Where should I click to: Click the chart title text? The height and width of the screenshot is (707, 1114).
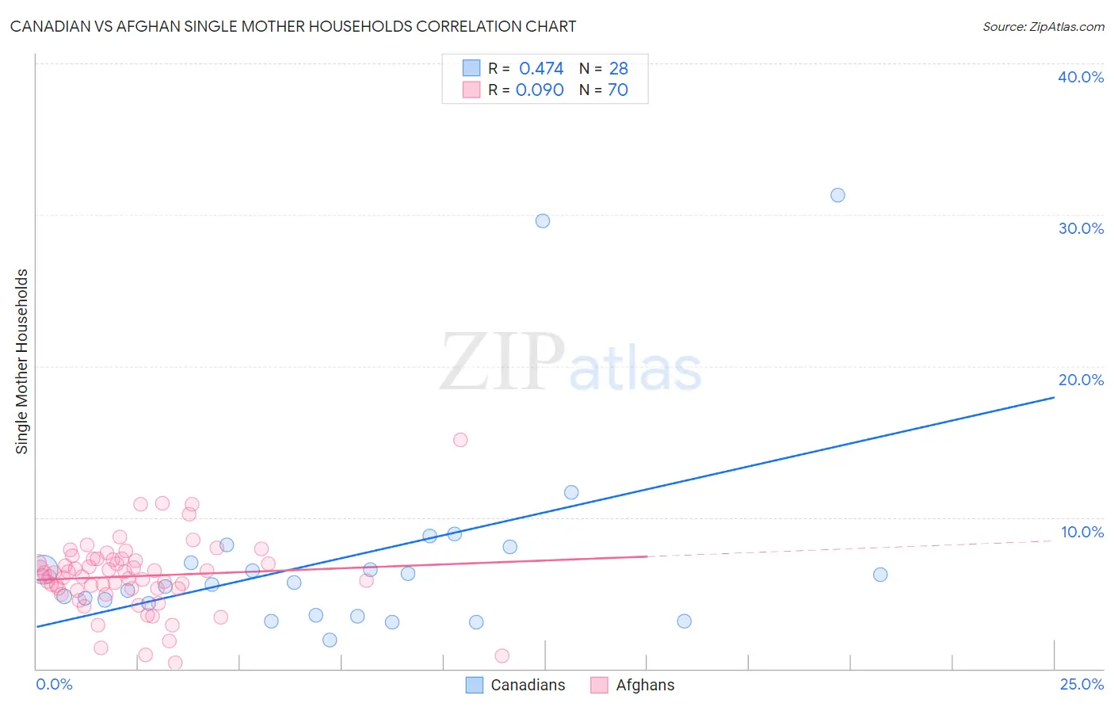(293, 26)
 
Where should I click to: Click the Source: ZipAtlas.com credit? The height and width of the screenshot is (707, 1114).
(1043, 26)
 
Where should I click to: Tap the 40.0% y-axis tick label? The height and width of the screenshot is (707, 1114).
(1081, 77)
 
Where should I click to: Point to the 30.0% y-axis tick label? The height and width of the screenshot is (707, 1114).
(1081, 228)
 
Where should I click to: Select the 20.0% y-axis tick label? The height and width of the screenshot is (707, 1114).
(1081, 380)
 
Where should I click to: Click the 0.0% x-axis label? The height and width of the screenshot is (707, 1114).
(54, 684)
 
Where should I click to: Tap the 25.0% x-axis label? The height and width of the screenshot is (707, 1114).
(1082, 684)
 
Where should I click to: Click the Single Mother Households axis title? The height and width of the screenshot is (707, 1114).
(22, 361)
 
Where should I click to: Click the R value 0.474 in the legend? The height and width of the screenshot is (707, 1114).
(541, 69)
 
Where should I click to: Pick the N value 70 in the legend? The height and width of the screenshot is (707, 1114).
(618, 90)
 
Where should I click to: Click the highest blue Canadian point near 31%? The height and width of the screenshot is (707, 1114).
(837, 195)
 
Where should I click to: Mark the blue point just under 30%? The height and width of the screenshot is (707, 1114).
(543, 221)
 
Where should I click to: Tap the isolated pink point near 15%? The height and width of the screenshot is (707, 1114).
(460, 440)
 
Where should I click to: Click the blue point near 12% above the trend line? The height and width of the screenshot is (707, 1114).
(571, 492)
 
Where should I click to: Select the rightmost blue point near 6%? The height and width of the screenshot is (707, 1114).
(880, 575)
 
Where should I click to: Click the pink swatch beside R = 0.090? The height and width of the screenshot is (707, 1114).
(471, 90)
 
